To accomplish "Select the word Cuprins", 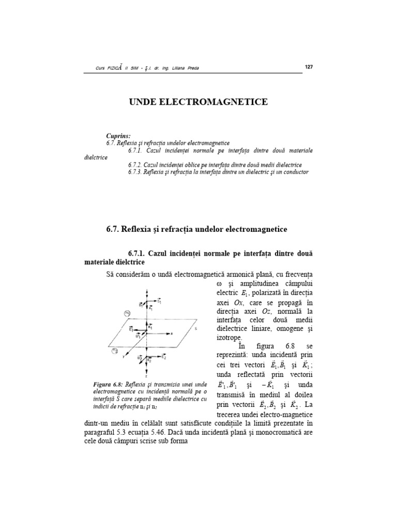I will (118, 135).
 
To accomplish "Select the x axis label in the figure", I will (171, 334).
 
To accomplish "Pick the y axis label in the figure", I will (124, 357).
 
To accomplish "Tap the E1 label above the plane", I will (159, 301).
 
